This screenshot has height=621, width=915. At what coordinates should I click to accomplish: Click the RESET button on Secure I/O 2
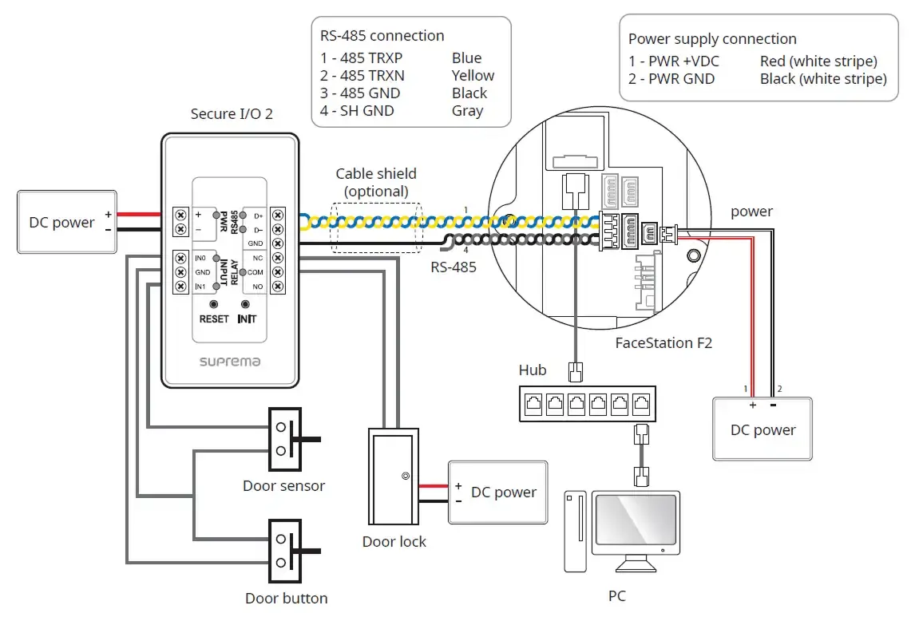point(213,304)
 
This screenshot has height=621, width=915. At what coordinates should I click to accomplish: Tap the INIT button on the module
point(245,304)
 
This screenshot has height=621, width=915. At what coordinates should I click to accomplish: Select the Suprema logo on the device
point(230,362)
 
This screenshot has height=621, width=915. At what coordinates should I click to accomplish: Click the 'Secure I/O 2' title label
point(232,114)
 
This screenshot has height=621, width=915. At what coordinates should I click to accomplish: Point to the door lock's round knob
point(406,476)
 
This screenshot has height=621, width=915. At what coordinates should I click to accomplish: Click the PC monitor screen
point(636,520)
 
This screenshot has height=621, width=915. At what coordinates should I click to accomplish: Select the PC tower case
point(576,531)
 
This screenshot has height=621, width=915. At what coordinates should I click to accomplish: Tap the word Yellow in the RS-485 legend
point(473,76)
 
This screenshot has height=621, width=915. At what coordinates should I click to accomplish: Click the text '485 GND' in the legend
point(370,93)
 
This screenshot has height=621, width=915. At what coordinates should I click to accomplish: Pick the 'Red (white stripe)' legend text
point(818,61)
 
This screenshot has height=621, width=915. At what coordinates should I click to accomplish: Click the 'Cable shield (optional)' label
point(376,182)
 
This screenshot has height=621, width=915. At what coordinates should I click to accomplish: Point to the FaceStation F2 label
point(663,342)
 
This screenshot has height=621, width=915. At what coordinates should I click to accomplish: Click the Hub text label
point(533,370)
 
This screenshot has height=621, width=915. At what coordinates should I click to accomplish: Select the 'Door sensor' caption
point(283,485)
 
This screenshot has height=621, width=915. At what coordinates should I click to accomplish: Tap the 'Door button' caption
point(286,598)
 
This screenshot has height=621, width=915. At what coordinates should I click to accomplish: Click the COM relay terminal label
point(255,272)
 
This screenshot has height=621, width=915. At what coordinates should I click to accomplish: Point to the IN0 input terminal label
point(200,258)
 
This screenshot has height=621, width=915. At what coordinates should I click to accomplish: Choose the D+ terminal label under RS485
point(258,216)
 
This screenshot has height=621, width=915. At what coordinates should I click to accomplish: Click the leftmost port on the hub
point(533,404)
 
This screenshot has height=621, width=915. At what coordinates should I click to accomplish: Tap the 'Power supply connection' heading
point(712,39)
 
